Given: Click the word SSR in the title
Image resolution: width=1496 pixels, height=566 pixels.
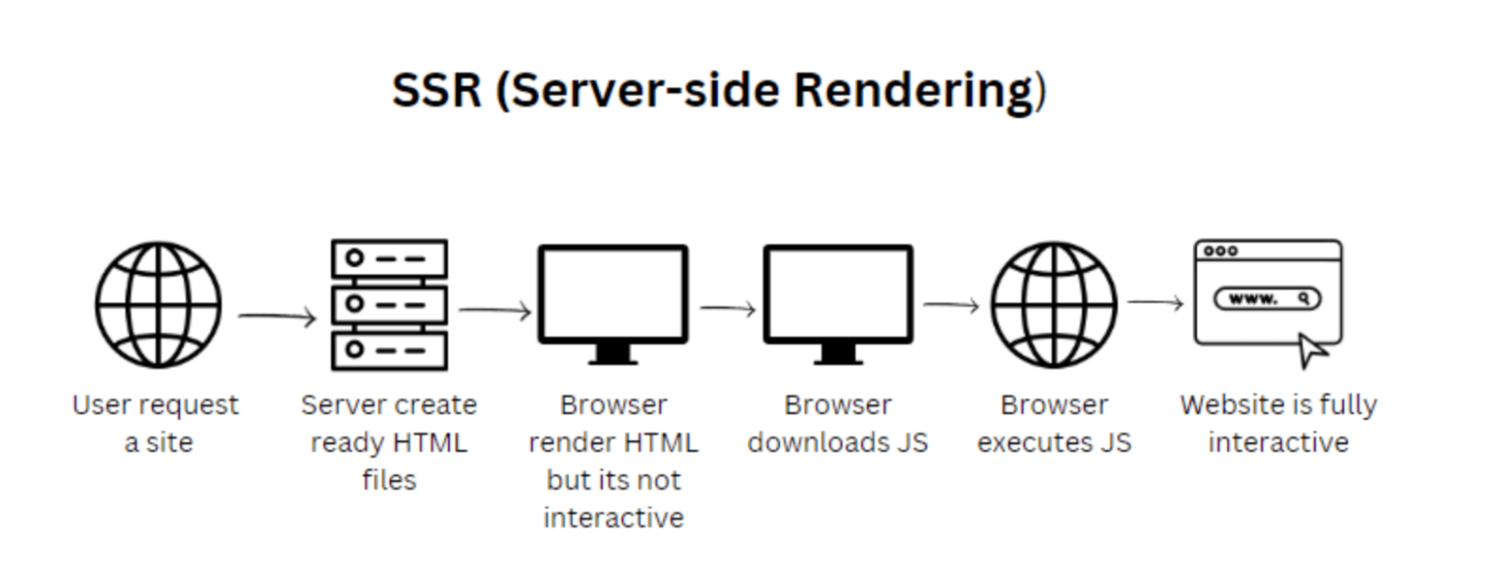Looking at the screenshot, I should click(x=436, y=91).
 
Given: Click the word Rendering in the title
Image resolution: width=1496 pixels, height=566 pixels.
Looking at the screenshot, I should click(x=913, y=91).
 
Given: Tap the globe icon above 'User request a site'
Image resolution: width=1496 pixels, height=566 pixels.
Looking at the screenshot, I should click(x=158, y=306).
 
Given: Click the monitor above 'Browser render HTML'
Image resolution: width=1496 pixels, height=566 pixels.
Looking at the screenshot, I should click(x=614, y=296).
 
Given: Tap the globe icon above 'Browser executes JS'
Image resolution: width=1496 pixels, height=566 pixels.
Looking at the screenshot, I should click(x=1054, y=306).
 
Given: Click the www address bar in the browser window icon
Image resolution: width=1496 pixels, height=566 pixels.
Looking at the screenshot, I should click(x=1267, y=299).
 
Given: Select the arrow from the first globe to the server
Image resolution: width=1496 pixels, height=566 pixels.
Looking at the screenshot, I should click(x=278, y=317).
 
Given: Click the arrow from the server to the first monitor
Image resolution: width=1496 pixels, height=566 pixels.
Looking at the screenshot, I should click(x=495, y=311).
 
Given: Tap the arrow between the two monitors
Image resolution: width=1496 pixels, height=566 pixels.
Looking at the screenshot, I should click(x=728, y=309).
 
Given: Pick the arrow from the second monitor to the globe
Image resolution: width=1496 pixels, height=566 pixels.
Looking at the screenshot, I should click(x=952, y=306).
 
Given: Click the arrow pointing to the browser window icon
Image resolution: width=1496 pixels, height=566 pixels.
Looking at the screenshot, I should click(x=1155, y=303).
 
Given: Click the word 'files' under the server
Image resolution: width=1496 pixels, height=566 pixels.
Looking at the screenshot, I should click(x=390, y=480).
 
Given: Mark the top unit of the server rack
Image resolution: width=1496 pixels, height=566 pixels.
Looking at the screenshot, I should click(x=390, y=259).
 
